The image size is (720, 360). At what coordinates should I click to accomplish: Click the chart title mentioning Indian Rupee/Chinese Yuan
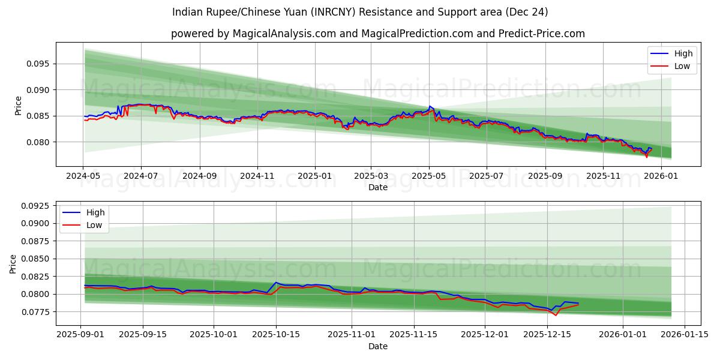pyautogui.click(x=360, y=12)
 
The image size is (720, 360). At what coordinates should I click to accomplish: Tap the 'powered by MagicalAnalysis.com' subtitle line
pyautogui.click(x=378, y=34)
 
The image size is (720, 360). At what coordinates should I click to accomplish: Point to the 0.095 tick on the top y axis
pyautogui.click(x=40, y=64)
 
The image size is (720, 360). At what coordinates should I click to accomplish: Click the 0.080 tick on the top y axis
pyautogui.click(x=40, y=142)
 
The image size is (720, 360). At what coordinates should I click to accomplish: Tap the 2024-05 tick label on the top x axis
pyautogui.click(x=83, y=176)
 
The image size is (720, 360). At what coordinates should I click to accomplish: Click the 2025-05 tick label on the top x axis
pyautogui.click(x=429, y=176)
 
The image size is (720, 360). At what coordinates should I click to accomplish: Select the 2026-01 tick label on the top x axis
pyautogui.click(x=661, y=176)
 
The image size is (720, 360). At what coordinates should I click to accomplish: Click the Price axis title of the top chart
pyautogui.click(x=18, y=105)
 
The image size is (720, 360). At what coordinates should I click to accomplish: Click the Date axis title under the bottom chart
pyautogui.click(x=378, y=346)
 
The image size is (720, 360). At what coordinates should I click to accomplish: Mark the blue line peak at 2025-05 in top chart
pyautogui.click(x=430, y=107)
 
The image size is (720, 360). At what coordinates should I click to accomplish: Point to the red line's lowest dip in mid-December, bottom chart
pyautogui.click(x=556, y=315)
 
